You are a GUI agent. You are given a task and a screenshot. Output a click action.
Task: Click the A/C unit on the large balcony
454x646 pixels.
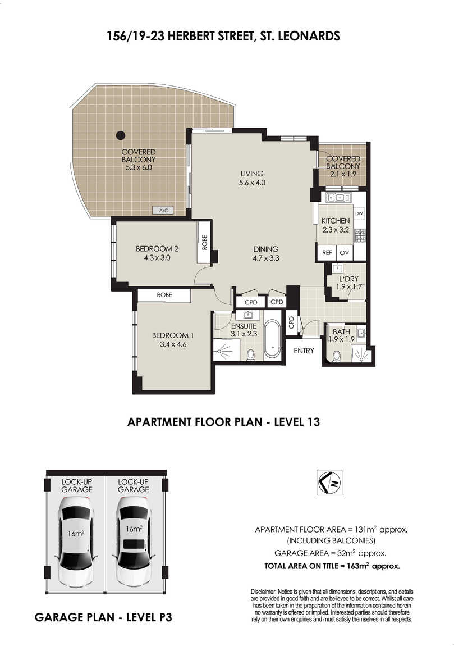point(163,211)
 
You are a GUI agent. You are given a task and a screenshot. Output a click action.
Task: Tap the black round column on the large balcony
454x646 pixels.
point(120,135)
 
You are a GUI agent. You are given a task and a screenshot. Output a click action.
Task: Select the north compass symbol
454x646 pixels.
point(329,482)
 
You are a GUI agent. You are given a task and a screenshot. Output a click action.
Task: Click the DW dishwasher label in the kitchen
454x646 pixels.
point(359,213)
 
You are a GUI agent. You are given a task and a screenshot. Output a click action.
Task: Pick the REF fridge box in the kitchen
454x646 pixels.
point(327,253)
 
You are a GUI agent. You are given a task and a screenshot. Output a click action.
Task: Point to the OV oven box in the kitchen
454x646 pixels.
point(345,253)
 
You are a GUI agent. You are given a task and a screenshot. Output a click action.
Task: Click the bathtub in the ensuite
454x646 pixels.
point(272,339)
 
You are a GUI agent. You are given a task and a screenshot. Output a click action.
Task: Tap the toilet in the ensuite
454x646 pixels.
point(250,354)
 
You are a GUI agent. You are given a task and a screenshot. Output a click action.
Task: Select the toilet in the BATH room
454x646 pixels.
point(337,356)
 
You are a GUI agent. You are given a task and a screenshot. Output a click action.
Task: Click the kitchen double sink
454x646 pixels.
point(339,198)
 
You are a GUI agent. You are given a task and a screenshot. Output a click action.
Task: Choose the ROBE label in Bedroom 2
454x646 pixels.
point(204,242)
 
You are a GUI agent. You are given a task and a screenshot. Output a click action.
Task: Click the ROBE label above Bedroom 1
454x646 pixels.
point(164,294)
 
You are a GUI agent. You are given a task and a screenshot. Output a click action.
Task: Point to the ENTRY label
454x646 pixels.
point(304,350)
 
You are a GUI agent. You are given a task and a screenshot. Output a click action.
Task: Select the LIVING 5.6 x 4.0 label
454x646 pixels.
point(252,178)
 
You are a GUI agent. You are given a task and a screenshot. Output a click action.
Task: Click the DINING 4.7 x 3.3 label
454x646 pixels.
point(266,253)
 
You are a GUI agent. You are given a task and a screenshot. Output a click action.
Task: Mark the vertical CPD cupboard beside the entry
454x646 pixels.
point(291,322)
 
